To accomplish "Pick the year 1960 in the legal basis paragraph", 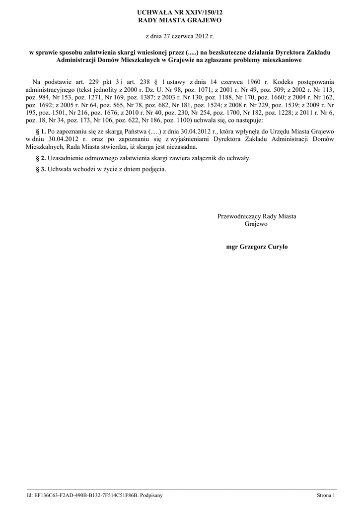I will pos(250,81).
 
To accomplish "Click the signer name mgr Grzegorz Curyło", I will pos(256,247).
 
